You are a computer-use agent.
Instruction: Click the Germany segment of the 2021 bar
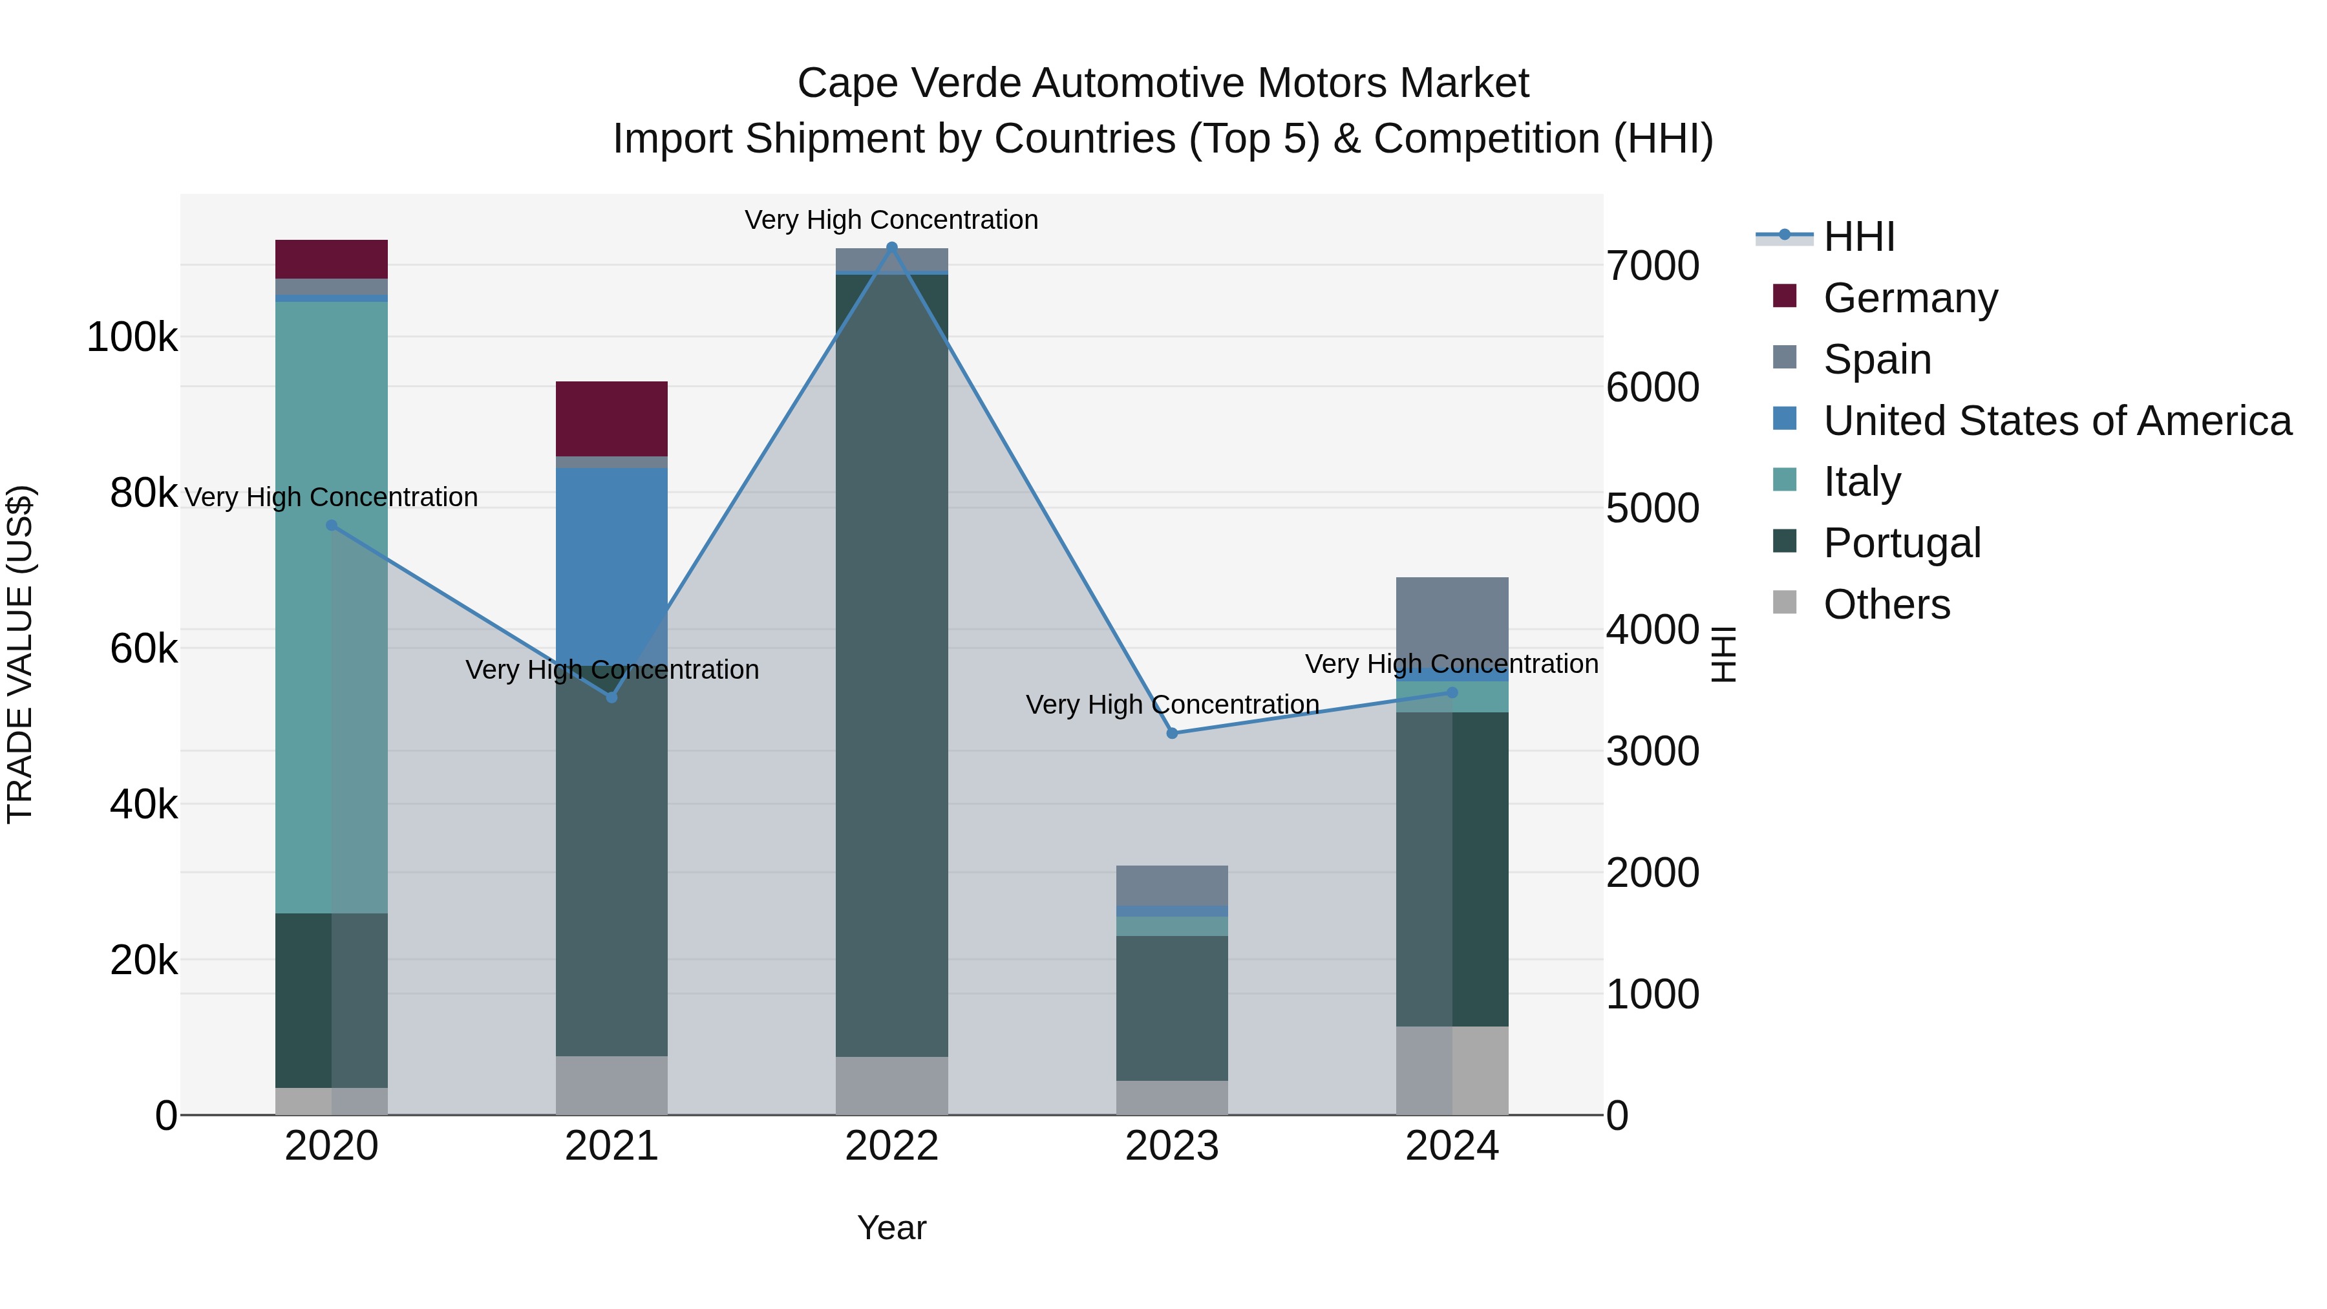[611, 418]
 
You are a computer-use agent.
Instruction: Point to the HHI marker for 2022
[891, 248]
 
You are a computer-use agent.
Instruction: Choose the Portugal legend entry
[1902, 543]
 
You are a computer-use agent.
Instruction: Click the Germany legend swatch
[1784, 296]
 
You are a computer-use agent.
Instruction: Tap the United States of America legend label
[2057, 421]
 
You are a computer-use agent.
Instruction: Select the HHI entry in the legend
[1858, 237]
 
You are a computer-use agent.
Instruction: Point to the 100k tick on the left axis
[132, 338]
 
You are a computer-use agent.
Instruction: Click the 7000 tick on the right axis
[1652, 266]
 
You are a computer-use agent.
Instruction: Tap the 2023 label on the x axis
[1172, 1146]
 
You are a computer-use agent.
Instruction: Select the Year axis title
[891, 1228]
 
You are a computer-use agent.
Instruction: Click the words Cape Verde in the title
[908, 84]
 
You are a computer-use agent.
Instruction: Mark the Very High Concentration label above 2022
[891, 220]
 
